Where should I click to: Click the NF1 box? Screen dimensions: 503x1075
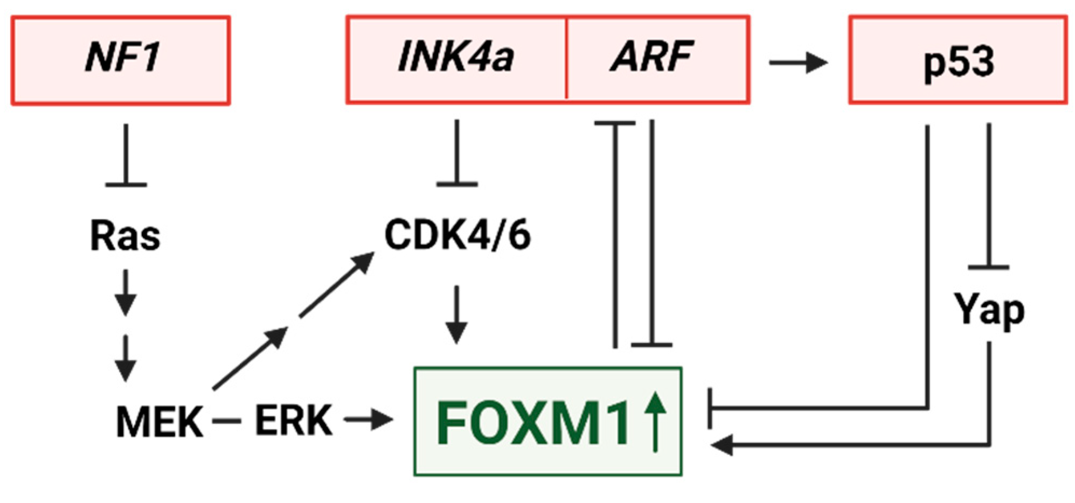[x=121, y=60]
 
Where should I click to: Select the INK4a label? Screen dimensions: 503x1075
[x=455, y=57]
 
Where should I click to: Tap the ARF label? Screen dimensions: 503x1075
[x=652, y=57]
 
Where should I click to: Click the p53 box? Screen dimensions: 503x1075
[x=958, y=60]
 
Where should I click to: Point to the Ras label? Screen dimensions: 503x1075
[x=125, y=236]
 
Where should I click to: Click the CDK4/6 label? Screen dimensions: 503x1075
[x=457, y=235]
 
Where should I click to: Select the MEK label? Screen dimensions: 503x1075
[x=159, y=421]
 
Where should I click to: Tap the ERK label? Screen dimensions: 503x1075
[x=293, y=420]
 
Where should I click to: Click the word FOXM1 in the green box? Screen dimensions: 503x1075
[x=532, y=423]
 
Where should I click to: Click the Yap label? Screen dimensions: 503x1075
[x=989, y=310]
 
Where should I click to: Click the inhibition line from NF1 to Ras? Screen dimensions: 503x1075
[x=126, y=156]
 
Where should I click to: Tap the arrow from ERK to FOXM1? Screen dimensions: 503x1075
[x=368, y=420]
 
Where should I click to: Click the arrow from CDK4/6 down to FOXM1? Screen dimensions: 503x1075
[x=456, y=315]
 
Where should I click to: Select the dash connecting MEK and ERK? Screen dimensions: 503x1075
[x=226, y=421]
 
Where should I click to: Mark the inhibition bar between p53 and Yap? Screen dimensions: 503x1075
[x=989, y=267]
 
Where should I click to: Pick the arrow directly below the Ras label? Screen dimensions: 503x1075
[x=126, y=292]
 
